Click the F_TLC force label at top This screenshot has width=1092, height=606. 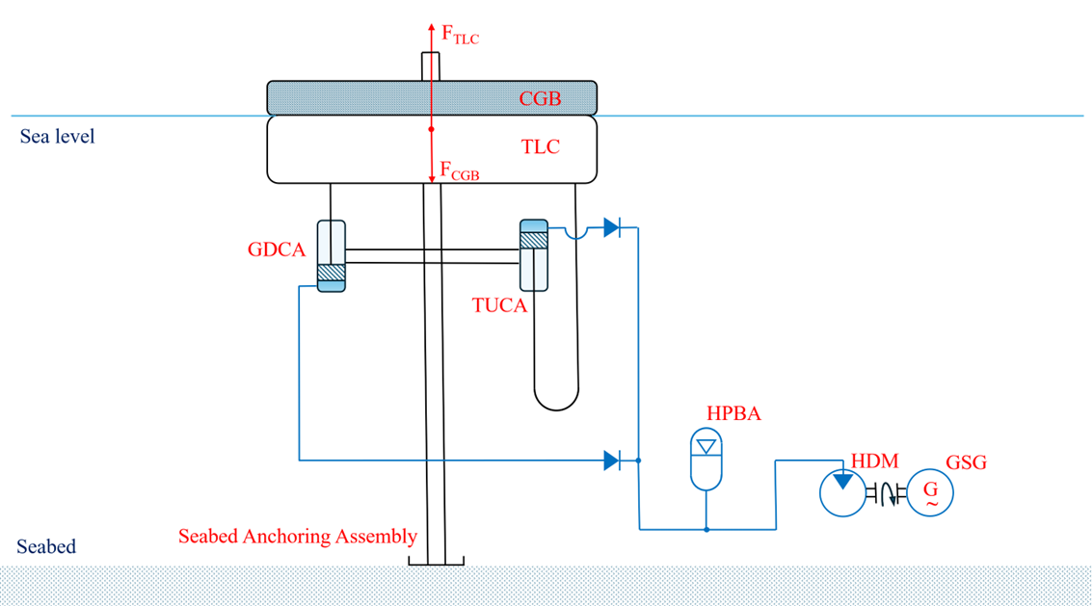pyautogui.click(x=460, y=36)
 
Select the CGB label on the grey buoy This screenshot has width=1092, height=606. pyautogui.click(x=539, y=98)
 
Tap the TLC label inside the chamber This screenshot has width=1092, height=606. pyautogui.click(x=540, y=147)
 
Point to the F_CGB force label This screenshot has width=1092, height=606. pyautogui.click(x=460, y=171)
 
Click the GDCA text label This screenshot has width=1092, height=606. pyautogui.click(x=277, y=250)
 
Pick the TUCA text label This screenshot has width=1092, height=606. pyautogui.click(x=499, y=305)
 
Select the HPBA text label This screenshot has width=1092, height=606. pyautogui.click(x=733, y=414)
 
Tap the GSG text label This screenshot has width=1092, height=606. pyautogui.click(x=966, y=463)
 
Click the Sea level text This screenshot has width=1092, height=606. pyautogui.click(x=58, y=137)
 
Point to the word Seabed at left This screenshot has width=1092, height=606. pyautogui.click(x=46, y=547)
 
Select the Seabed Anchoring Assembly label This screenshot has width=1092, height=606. pyautogui.click(x=298, y=537)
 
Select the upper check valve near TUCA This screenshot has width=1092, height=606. pyautogui.click(x=612, y=227)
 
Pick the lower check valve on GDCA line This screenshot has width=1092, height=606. pyautogui.click(x=612, y=461)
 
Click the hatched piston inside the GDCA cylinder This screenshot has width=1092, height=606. pyautogui.click(x=332, y=273)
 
